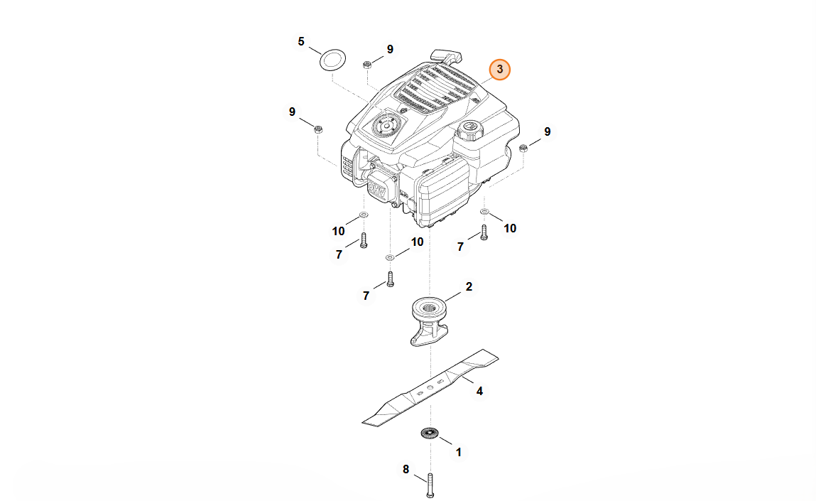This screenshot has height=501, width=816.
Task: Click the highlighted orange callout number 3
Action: click(x=499, y=69)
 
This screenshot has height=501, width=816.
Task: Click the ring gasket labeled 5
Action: click(x=332, y=60)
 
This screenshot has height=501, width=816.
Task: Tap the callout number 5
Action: click(x=301, y=42)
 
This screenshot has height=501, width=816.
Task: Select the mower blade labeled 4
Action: click(x=430, y=387)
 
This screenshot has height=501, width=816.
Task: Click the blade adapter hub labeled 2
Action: click(x=430, y=321)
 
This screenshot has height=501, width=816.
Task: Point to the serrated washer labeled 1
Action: click(x=430, y=433)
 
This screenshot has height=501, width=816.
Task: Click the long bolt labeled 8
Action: click(x=430, y=485)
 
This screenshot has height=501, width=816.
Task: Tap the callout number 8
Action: click(x=406, y=470)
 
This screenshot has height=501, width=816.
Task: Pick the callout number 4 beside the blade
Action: click(x=479, y=391)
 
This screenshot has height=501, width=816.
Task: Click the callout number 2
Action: click(x=469, y=287)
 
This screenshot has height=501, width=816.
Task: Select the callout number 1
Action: click(x=459, y=453)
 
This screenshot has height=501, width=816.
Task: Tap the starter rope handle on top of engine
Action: click(x=447, y=55)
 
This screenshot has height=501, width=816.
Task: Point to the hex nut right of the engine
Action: click(x=524, y=148)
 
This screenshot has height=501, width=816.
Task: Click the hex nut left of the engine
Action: click(x=319, y=129)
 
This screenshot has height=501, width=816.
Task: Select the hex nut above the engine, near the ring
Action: click(x=367, y=65)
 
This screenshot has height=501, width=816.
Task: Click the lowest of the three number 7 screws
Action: click(x=391, y=279)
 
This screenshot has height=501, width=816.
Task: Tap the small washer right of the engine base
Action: click(x=484, y=212)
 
